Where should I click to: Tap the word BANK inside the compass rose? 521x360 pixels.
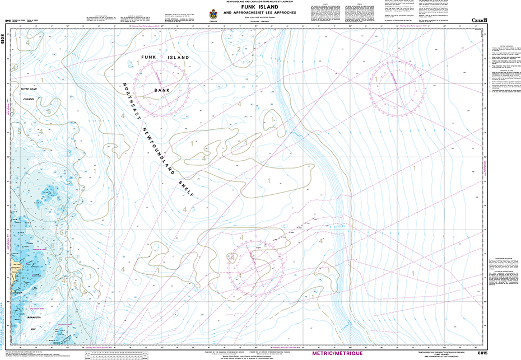click(162, 89)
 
